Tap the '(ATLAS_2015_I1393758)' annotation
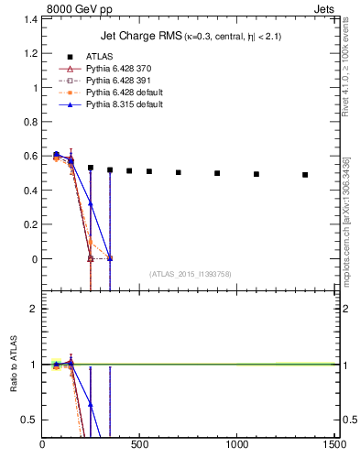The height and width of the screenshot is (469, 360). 191,274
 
